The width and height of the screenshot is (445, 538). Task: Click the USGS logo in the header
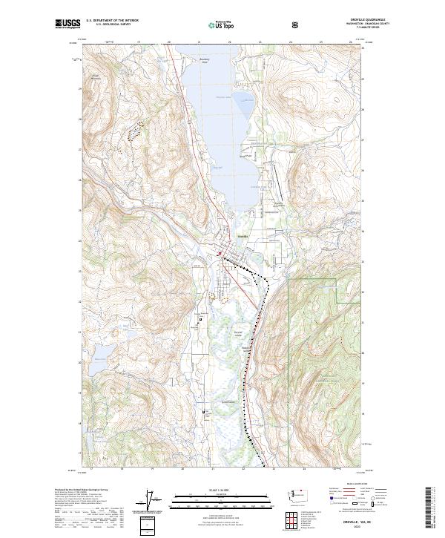point(68,24)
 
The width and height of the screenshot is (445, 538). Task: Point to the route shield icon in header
point(297,24)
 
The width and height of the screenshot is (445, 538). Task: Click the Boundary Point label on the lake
point(205,60)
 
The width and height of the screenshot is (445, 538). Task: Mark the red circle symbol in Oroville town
point(220,257)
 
